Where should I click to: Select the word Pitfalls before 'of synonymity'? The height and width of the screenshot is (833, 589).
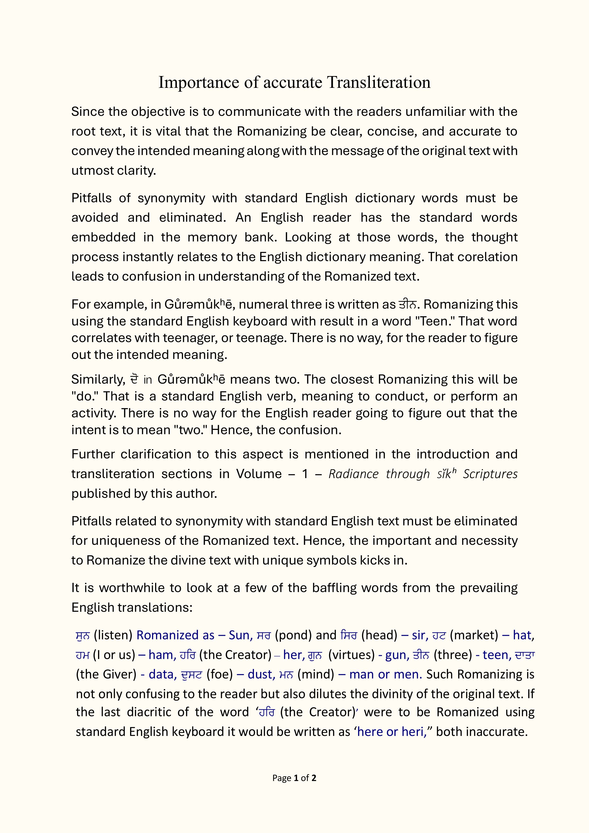point(90,198)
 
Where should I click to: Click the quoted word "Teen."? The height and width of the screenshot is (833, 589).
point(435,321)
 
